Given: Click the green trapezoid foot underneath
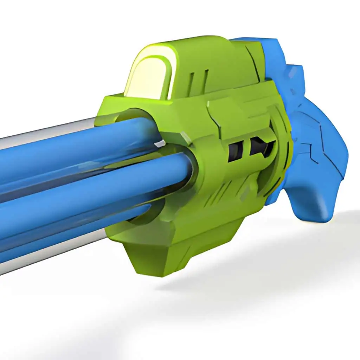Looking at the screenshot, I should tap(165, 257).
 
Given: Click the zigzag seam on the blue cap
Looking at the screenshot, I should tap(316, 141).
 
